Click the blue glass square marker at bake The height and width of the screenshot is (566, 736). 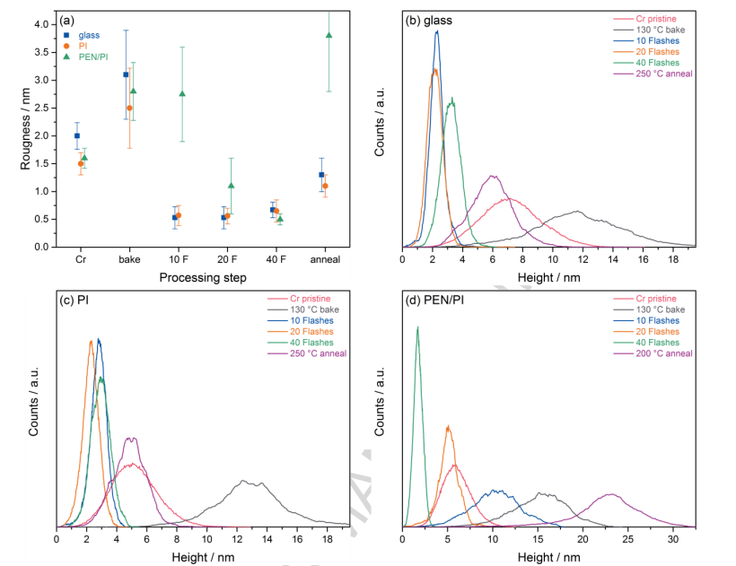point(126,74)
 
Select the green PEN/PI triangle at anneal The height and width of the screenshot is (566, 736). point(329,35)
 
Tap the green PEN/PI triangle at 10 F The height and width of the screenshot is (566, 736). point(182,93)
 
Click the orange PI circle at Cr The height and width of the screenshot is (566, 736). point(81,164)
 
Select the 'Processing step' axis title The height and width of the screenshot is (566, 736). point(204,277)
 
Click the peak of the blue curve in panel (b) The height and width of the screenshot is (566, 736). point(437,30)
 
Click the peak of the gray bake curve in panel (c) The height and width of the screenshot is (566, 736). point(244,481)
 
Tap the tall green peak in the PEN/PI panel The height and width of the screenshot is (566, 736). point(417,327)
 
